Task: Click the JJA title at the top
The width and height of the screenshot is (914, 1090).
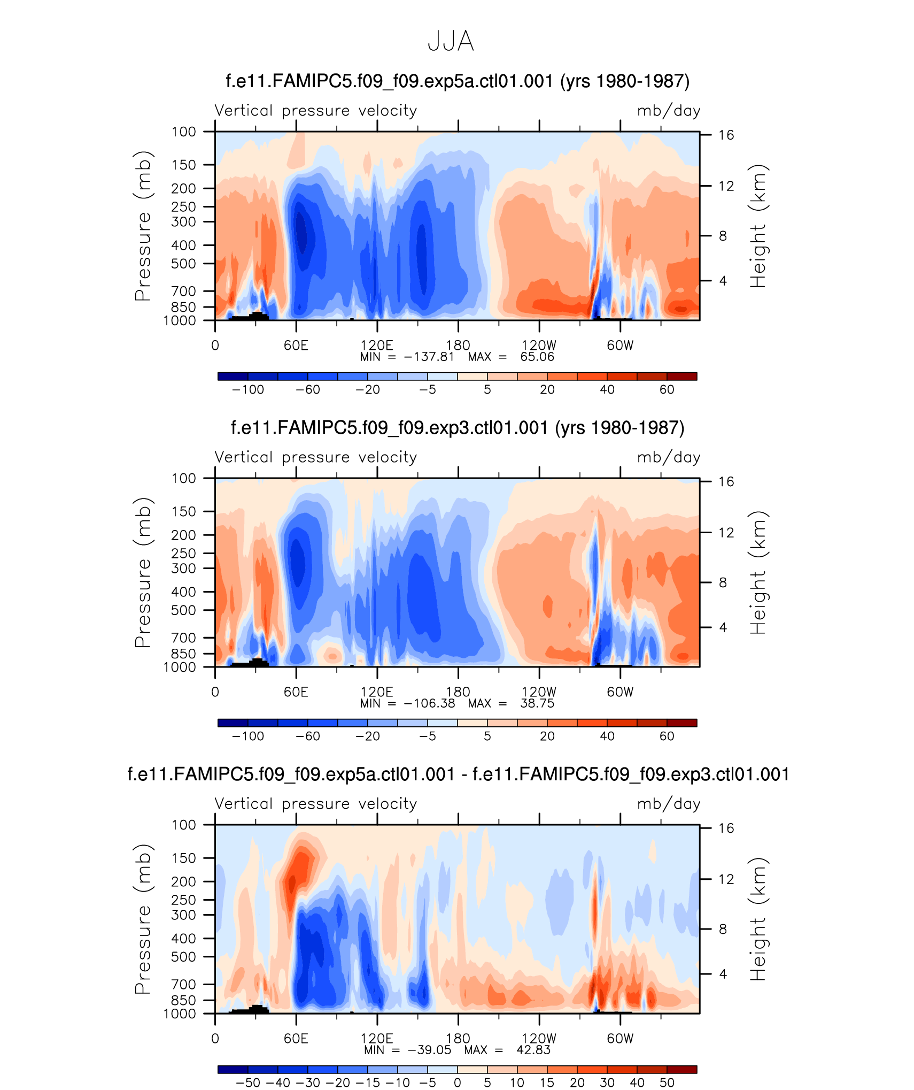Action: (x=451, y=41)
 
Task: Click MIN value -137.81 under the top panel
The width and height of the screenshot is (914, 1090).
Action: (x=429, y=357)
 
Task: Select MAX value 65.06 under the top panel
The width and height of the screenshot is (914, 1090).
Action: (x=537, y=357)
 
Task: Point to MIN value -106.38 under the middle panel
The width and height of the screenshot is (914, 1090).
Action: (x=429, y=704)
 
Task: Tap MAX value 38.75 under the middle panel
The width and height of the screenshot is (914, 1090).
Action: (x=537, y=704)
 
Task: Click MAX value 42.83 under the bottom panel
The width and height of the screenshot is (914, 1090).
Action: (x=533, y=1050)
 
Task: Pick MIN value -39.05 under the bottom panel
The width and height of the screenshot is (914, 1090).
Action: (x=429, y=1050)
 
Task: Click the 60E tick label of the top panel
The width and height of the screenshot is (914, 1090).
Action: (x=296, y=346)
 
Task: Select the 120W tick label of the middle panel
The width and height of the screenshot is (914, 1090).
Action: (x=539, y=692)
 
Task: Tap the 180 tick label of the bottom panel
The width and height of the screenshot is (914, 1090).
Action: (x=458, y=1038)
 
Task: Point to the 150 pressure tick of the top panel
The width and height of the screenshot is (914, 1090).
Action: (x=183, y=165)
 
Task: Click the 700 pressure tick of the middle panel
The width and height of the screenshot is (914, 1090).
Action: (x=183, y=638)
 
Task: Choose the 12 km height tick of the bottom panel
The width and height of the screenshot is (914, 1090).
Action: (x=726, y=879)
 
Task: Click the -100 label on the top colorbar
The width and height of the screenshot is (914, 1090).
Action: (x=248, y=390)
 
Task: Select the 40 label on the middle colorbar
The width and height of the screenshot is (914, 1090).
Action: (x=607, y=736)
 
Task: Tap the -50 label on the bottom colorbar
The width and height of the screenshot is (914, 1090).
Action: (x=248, y=1083)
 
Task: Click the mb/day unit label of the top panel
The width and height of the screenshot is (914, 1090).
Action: (x=668, y=111)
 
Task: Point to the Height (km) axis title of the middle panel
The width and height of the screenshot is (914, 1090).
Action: (x=758, y=572)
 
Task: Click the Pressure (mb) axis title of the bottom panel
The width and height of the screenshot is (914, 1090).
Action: (x=143, y=919)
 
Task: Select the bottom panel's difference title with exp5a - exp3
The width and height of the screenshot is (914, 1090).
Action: (x=458, y=774)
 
